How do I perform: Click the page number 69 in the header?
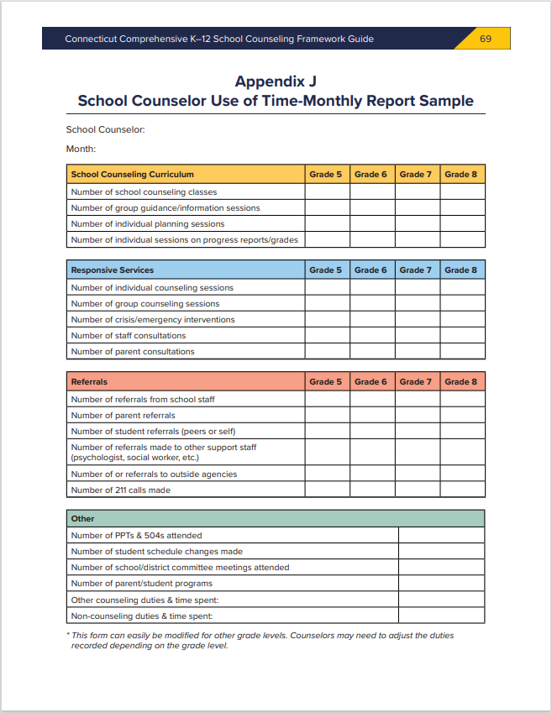click(x=486, y=39)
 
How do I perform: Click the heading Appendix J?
click(x=276, y=81)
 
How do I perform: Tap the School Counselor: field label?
click(x=106, y=129)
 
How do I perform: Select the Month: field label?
click(x=81, y=149)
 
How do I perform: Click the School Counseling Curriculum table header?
click(x=133, y=175)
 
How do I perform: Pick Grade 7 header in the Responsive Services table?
click(x=416, y=270)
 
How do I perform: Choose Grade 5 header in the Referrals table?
click(x=326, y=382)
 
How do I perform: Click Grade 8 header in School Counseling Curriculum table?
click(x=461, y=175)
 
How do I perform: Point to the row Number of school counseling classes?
click(x=145, y=192)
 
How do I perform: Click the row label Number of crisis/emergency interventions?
click(x=153, y=320)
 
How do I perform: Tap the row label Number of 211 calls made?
click(x=121, y=490)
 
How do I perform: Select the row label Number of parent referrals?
click(x=124, y=416)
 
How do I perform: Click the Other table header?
click(x=83, y=519)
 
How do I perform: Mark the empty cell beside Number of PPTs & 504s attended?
click(x=441, y=536)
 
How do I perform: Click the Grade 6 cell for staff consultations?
click(x=371, y=336)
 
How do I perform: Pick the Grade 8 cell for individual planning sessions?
click(x=462, y=224)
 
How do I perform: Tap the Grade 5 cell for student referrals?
click(x=327, y=432)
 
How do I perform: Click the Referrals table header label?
click(x=90, y=382)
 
